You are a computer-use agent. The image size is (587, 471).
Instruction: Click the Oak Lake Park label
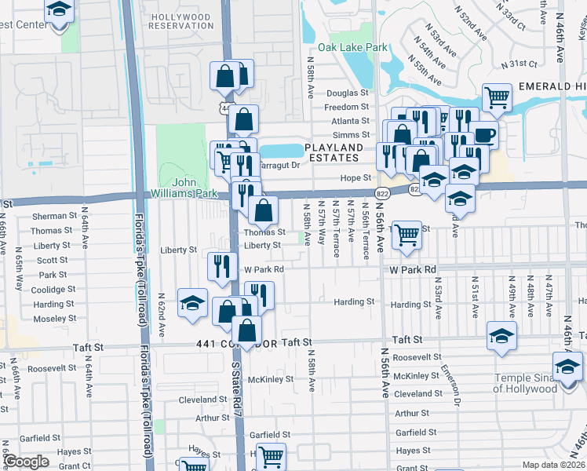point(359,47)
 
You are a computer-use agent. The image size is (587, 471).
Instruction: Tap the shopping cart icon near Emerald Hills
point(497,97)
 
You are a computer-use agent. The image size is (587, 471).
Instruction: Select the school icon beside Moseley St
point(192,304)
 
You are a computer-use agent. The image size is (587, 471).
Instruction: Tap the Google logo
point(26,462)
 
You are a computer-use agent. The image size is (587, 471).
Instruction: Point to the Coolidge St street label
point(53,290)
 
